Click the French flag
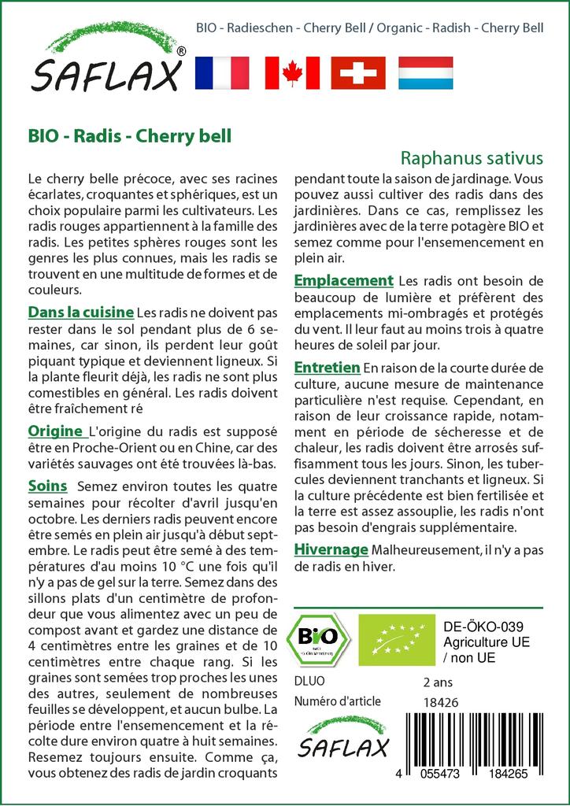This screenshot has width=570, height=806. (x=221, y=72)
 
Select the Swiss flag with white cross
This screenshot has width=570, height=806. (x=358, y=72)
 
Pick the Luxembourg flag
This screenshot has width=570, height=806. (x=426, y=72)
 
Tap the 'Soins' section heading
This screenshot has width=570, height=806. (x=47, y=485)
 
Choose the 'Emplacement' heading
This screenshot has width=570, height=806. (x=343, y=280)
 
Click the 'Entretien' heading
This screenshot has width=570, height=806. (x=327, y=367)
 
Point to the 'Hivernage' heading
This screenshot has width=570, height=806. (x=331, y=549)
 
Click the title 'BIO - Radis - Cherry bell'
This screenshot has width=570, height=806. (x=129, y=135)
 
